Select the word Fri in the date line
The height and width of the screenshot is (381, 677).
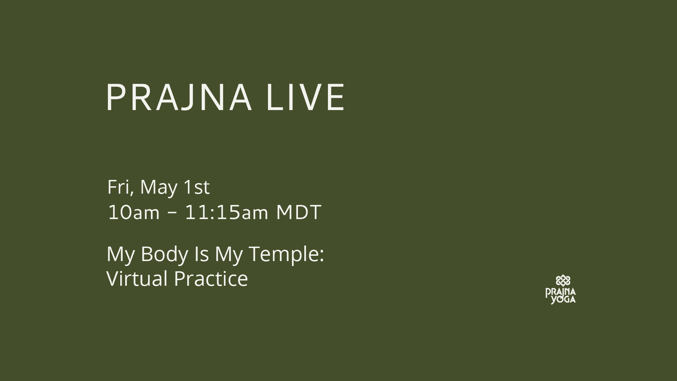pos(118,187)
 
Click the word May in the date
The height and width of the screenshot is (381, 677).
pos(158,188)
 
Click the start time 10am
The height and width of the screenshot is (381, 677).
pos(134,213)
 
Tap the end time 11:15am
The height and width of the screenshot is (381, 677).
pos(226,213)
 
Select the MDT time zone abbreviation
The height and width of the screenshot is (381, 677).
pos(298,213)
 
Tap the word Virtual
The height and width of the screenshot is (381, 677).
pos(137,279)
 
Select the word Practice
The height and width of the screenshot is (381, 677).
pos(211,279)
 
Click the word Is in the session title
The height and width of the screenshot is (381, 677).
pos(201,254)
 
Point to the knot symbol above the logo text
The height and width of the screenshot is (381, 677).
pos(563,281)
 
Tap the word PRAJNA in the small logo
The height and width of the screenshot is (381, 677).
pos(561,292)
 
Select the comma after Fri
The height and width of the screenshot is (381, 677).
pos(132,193)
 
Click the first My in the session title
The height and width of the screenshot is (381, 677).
pos(120,255)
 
